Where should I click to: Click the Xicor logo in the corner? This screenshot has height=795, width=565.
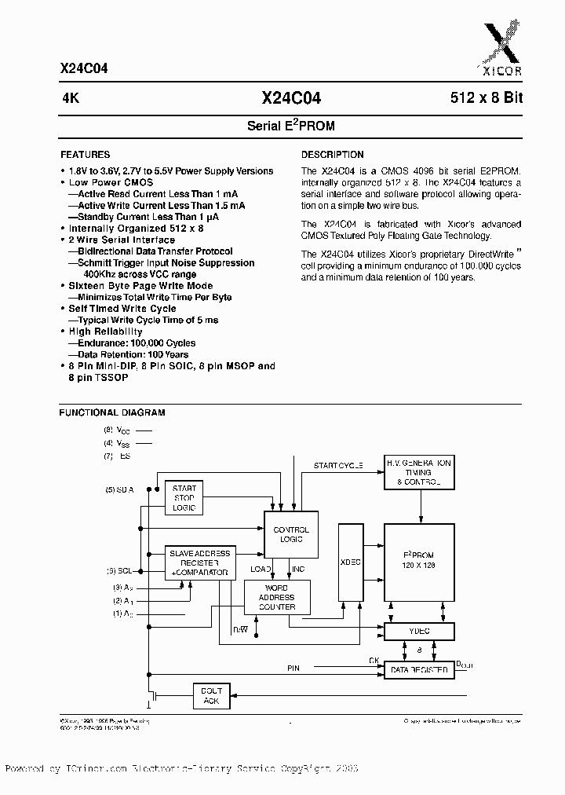pyautogui.click(x=503, y=48)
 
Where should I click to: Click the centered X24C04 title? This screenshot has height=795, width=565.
pyautogui.click(x=290, y=99)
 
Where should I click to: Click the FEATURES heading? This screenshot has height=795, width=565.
pyautogui.click(x=86, y=155)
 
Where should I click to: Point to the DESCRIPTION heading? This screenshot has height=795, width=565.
pyautogui.click(x=333, y=155)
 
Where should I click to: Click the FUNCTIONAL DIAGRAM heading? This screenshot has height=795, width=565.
pyautogui.click(x=112, y=412)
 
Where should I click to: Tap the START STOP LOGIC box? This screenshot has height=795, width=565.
pyautogui.click(x=184, y=498)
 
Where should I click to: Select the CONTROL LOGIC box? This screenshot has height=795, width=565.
pyautogui.click(x=291, y=535)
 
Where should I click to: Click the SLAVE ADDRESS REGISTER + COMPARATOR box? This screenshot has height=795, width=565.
pyautogui.click(x=199, y=563)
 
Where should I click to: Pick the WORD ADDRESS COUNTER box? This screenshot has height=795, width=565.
pyautogui.click(x=277, y=597)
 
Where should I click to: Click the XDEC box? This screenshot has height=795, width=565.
pyautogui.click(x=350, y=563)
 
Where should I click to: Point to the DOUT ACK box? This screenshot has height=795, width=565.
pyautogui.click(x=211, y=695)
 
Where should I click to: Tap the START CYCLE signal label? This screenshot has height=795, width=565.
pyautogui.click(x=339, y=466)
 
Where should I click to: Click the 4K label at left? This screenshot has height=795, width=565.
pyautogui.click(x=71, y=99)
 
